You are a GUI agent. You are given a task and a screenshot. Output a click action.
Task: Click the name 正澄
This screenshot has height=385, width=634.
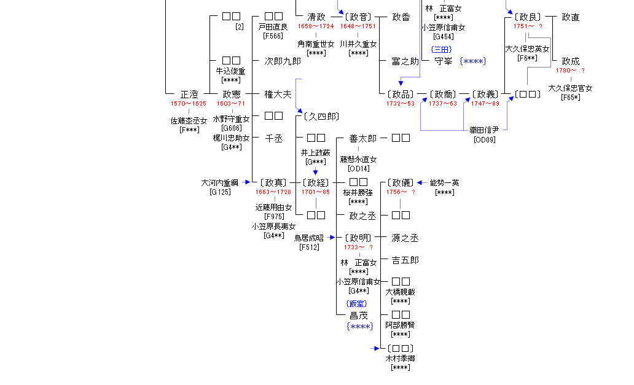(189, 95)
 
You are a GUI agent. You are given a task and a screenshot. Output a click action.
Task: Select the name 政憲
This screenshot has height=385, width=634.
(232, 95)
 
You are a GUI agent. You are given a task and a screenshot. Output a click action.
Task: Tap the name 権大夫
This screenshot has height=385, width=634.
(278, 95)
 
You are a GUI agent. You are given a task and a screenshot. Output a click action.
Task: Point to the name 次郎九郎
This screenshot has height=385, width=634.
(283, 61)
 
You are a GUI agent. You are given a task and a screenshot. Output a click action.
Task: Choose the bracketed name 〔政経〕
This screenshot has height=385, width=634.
(316, 182)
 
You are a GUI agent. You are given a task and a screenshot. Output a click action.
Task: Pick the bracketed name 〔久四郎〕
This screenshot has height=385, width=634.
(318, 116)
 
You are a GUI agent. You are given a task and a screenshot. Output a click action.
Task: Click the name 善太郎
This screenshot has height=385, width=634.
(362, 138)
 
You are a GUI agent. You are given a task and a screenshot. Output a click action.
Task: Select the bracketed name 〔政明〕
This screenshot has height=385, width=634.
(358, 238)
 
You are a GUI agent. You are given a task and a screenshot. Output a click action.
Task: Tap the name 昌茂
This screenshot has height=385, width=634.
(359, 316)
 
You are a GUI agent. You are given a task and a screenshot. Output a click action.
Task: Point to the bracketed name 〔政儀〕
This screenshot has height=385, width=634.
(401, 182)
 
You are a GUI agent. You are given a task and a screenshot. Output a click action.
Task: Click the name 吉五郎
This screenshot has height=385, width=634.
(405, 260)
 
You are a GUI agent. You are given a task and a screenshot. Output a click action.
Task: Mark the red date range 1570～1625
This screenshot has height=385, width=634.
(189, 104)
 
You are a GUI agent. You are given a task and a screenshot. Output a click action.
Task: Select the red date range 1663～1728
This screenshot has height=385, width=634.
(273, 192)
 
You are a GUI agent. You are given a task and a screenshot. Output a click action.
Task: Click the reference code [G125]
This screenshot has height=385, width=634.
(220, 192)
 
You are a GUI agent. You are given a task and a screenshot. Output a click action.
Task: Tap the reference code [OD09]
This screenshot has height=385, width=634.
(484, 139)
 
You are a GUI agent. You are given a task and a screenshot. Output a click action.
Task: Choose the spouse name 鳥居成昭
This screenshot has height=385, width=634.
(309, 238)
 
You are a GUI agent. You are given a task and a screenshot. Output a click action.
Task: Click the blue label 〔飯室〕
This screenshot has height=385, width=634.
(357, 303)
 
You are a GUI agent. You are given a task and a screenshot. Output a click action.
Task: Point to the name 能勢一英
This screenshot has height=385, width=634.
(444, 182)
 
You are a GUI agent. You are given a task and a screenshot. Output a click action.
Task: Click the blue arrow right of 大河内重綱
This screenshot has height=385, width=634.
(247, 182)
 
